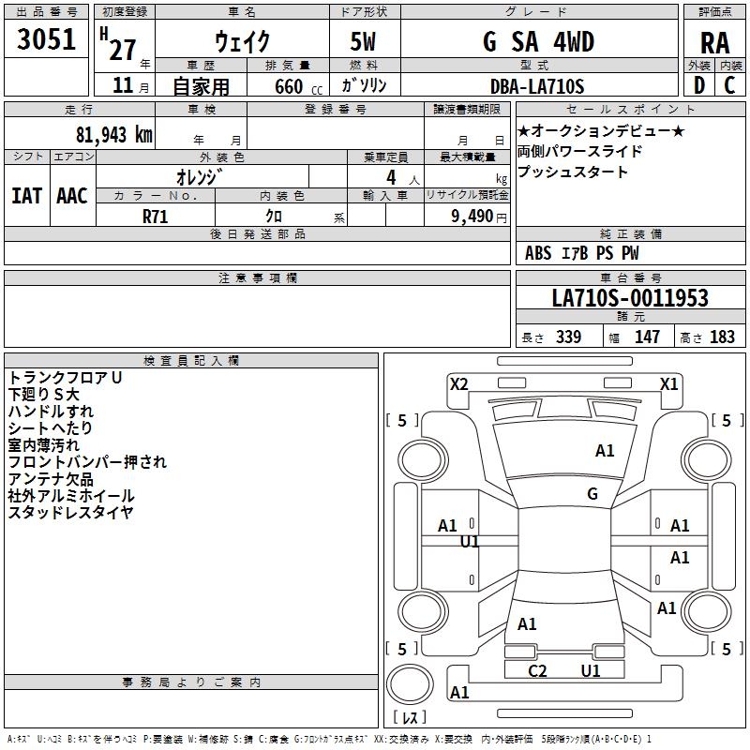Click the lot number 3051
(47, 39)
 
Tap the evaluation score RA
(714, 42)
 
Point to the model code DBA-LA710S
(536, 86)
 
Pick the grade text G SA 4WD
(538, 41)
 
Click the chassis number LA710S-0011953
(630, 298)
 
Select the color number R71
(156, 215)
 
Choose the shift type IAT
(26, 196)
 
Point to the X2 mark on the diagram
(458, 383)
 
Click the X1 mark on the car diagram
(669, 383)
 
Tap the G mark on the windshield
(592, 493)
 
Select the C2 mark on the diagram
(537, 670)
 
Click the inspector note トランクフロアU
(66, 378)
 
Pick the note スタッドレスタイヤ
(71, 513)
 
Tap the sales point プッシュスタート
(573, 172)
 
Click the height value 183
(722, 337)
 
